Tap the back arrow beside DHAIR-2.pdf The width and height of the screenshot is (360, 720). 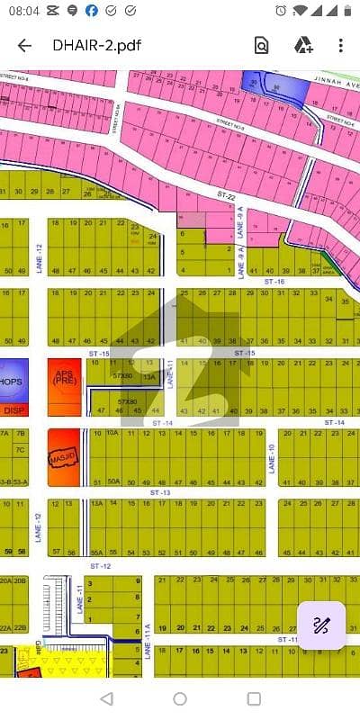(x=24, y=46)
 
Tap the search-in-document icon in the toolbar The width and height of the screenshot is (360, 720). (x=261, y=46)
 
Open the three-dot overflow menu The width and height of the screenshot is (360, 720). (x=340, y=46)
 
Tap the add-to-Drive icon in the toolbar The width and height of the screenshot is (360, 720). (x=302, y=46)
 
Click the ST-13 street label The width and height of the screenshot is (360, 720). (x=161, y=493)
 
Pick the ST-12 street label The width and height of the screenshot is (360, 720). (x=101, y=565)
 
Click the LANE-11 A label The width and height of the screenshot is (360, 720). (x=147, y=644)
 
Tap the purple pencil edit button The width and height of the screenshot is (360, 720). (x=320, y=625)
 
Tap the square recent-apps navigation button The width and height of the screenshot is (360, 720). (x=254, y=698)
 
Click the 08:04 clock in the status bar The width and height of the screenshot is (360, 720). (x=24, y=11)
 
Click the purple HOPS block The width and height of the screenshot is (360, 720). (x=13, y=379)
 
